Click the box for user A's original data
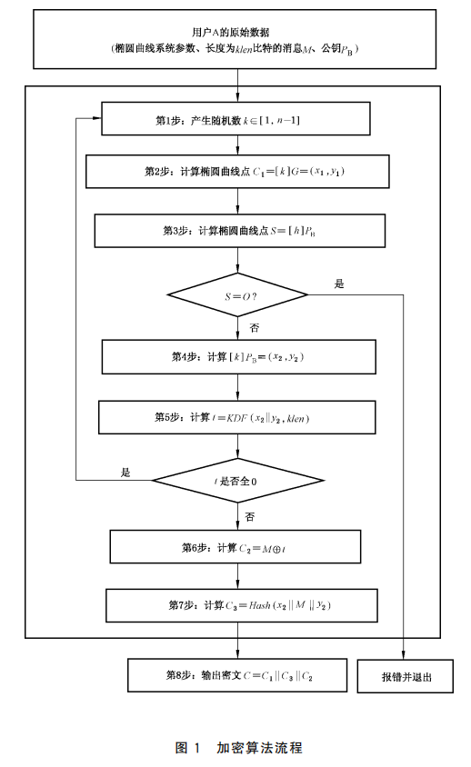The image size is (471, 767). point(236,39)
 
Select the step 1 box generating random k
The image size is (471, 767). point(236,119)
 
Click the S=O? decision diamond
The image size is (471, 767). point(238,294)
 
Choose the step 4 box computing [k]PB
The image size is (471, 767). point(238,356)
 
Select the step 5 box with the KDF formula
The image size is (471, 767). point(237,417)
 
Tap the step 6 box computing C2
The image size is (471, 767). point(237,547)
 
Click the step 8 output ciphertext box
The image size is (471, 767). point(238,675)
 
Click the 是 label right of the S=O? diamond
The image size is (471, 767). point(339,284)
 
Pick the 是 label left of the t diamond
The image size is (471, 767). point(125,472)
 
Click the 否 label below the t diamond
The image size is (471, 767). point(250,515)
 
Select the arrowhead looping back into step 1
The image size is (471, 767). point(96,119)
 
